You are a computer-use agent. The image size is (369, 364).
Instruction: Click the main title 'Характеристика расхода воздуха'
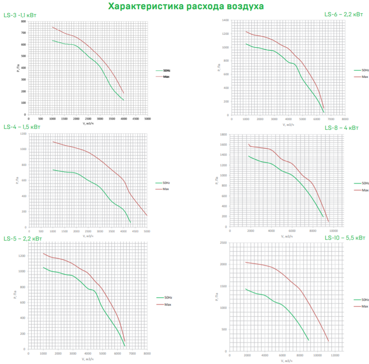(186, 6)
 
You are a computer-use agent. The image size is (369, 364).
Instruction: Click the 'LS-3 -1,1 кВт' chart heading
(21, 15)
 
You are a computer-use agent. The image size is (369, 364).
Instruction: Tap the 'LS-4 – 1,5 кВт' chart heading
(22, 127)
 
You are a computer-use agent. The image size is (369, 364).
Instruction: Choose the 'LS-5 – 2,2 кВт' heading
(23, 239)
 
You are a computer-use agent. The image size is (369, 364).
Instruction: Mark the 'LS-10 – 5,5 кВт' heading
(345, 238)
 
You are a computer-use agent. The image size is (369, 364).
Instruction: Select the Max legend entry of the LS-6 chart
(365, 76)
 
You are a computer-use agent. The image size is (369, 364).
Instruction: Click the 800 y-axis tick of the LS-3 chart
(23, 21)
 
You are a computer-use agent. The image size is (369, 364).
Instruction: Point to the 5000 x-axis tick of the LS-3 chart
(148, 119)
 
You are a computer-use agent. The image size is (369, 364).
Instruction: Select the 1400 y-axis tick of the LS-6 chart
(225, 20)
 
